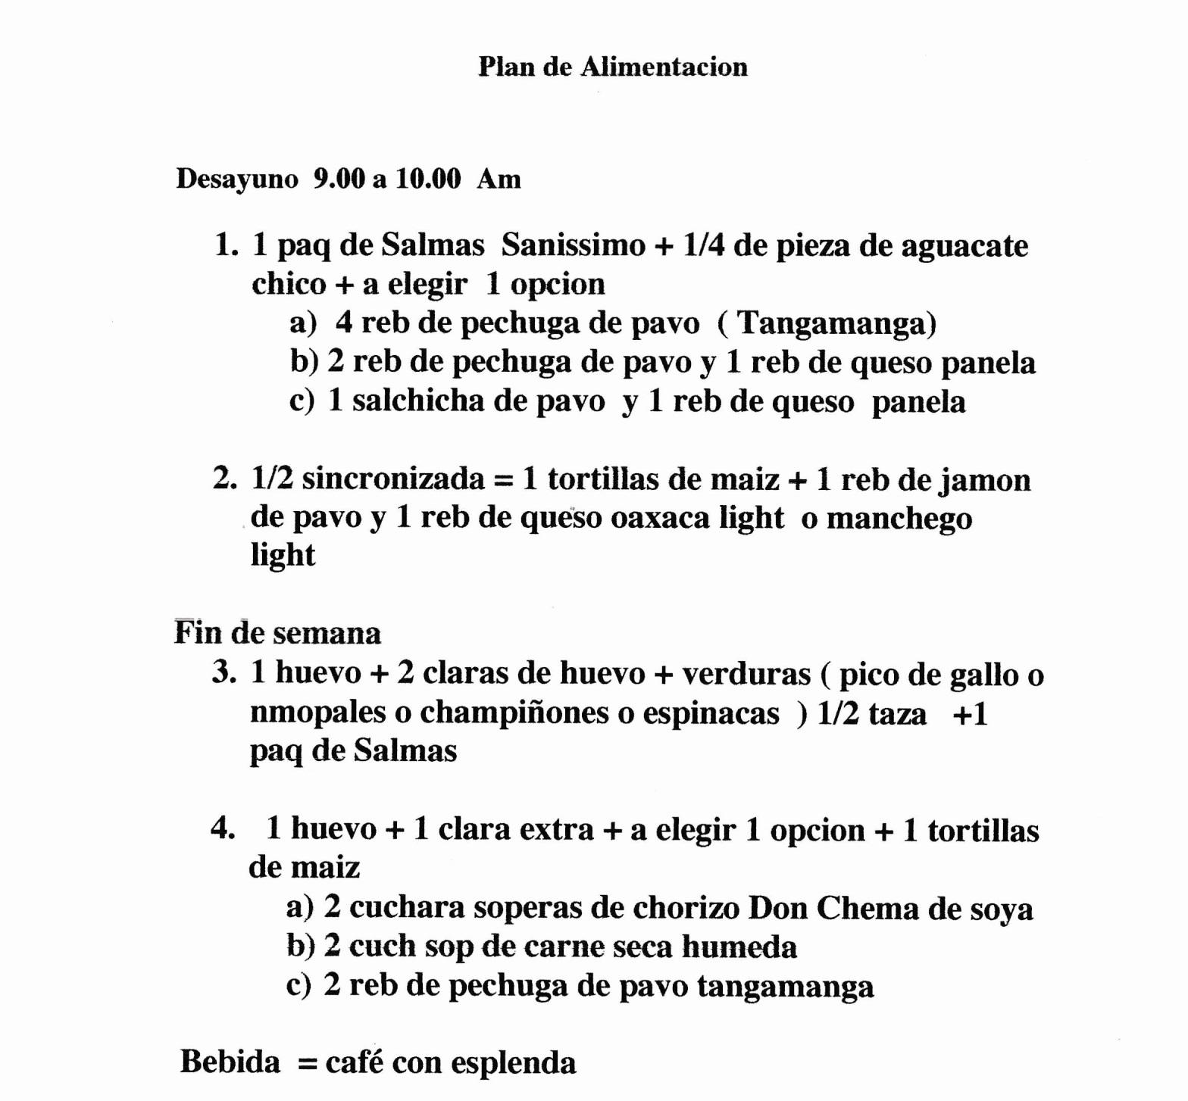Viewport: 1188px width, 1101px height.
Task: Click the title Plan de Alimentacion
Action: tap(612, 67)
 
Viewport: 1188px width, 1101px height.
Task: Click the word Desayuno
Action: tap(237, 179)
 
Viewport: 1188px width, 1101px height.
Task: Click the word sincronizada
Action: tap(393, 479)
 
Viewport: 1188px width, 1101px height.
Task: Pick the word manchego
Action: tap(899, 519)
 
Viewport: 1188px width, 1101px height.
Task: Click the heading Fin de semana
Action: tap(277, 633)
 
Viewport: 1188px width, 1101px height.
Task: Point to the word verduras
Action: tap(746, 674)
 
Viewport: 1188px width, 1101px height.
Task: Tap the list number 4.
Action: tap(223, 828)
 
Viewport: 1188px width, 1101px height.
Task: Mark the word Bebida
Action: tap(230, 1062)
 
